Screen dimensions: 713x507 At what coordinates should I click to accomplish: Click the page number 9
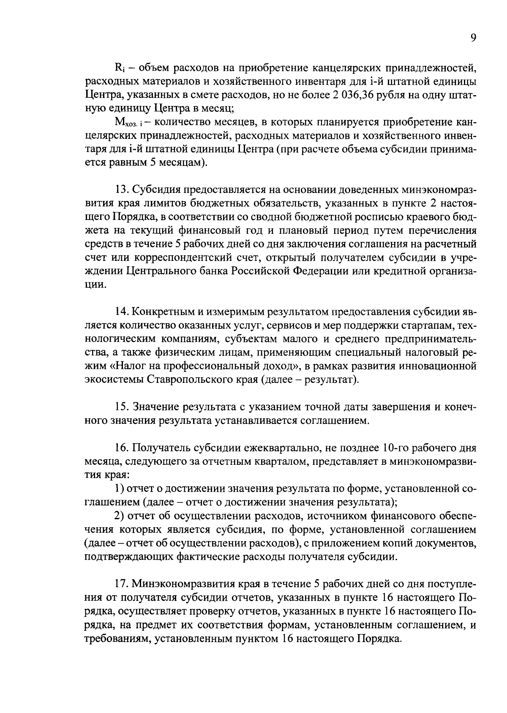tap(473, 38)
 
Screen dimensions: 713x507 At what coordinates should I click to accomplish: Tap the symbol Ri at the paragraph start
tap(120, 68)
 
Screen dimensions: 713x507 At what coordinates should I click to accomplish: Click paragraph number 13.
tap(122, 190)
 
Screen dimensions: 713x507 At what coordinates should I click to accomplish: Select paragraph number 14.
tap(122, 312)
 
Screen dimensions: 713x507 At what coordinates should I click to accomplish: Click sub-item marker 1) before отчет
tap(119, 488)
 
